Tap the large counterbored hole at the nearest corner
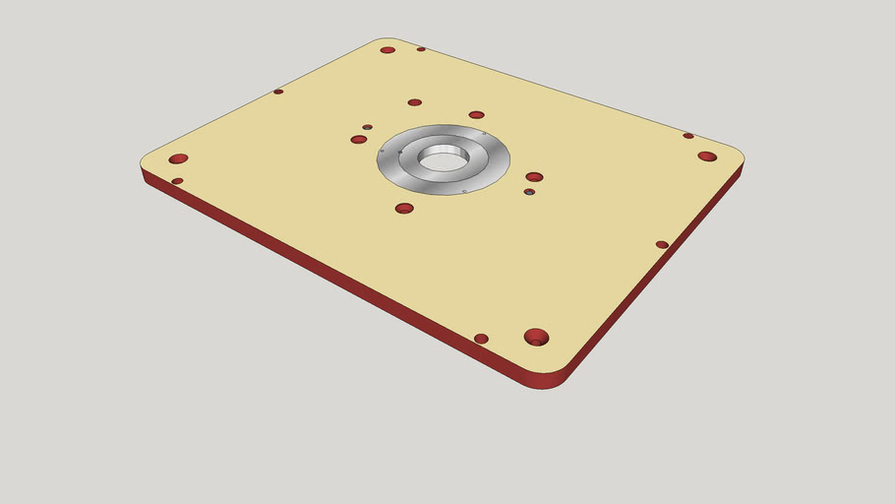pyautogui.click(x=536, y=337)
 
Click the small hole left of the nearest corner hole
pyautogui.click(x=481, y=339)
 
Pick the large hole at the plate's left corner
pyautogui.click(x=178, y=158)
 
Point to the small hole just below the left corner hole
pyautogui.click(x=177, y=181)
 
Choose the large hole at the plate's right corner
pyautogui.click(x=707, y=157)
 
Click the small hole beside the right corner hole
pyautogui.click(x=688, y=136)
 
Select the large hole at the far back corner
pyautogui.click(x=388, y=49)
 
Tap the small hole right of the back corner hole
pyautogui.click(x=421, y=49)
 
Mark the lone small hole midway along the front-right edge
pyautogui.click(x=662, y=244)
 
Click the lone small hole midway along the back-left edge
pyautogui.click(x=278, y=92)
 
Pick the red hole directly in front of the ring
pyautogui.click(x=404, y=208)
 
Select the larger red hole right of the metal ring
pyautogui.click(x=534, y=177)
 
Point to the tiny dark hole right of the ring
pyautogui.click(x=529, y=192)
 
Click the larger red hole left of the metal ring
pyautogui.click(x=359, y=140)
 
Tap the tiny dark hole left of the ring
pyautogui.click(x=367, y=127)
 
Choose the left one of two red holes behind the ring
pyautogui.click(x=414, y=102)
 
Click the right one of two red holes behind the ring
pyautogui.click(x=476, y=115)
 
